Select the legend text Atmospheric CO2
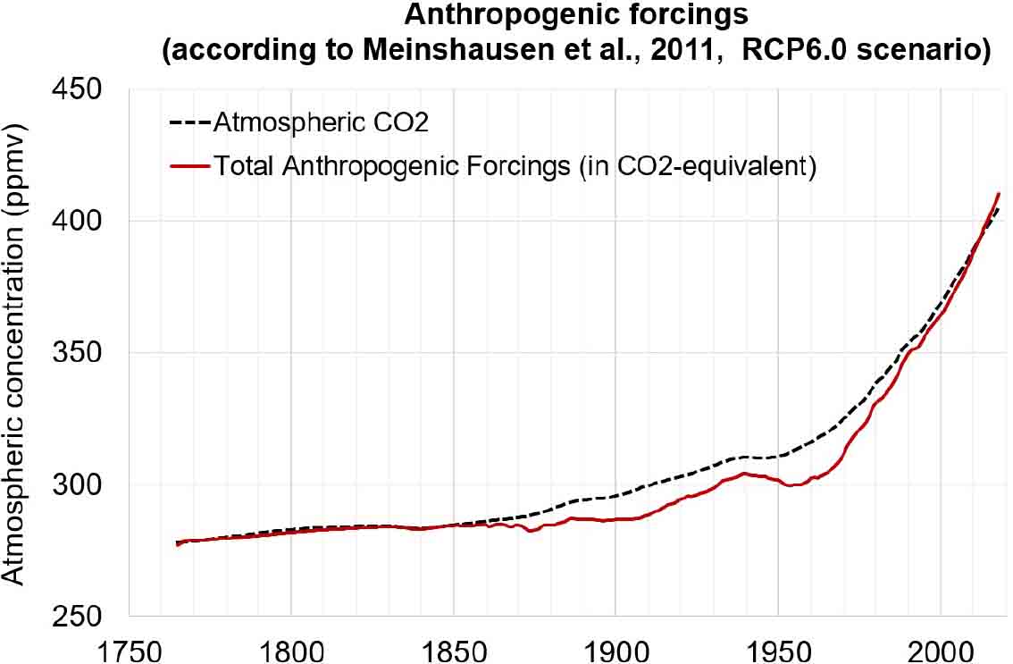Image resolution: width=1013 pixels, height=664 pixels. pyautogui.click(x=321, y=122)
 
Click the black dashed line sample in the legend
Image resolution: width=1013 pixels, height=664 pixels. pyautogui.click(x=188, y=122)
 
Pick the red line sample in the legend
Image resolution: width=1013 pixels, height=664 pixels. pyautogui.click(x=188, y=166)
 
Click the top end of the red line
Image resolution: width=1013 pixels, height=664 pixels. pyautogui.click(x=999, y=193)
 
